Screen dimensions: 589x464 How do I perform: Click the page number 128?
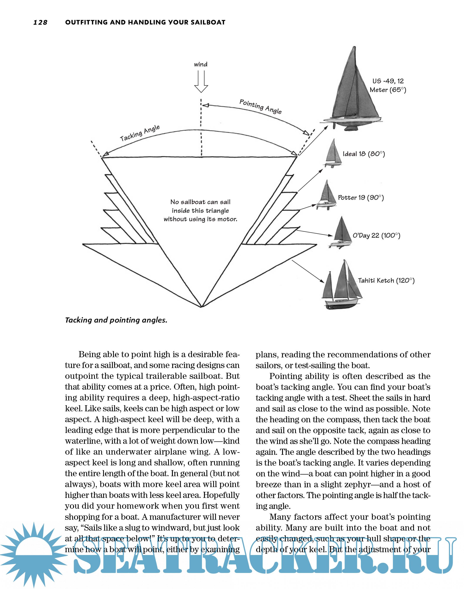40,22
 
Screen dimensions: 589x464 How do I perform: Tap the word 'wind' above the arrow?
201,64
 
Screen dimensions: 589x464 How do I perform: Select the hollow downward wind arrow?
201,82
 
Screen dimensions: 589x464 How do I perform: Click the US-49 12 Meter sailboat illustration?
353,92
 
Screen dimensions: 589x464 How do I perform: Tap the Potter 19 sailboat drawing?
327,195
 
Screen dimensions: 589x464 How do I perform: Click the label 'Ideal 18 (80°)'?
364,154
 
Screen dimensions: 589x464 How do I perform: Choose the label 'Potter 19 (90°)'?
361,198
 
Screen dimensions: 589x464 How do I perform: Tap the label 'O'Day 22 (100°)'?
376,235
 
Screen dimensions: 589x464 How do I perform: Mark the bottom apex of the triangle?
201,307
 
